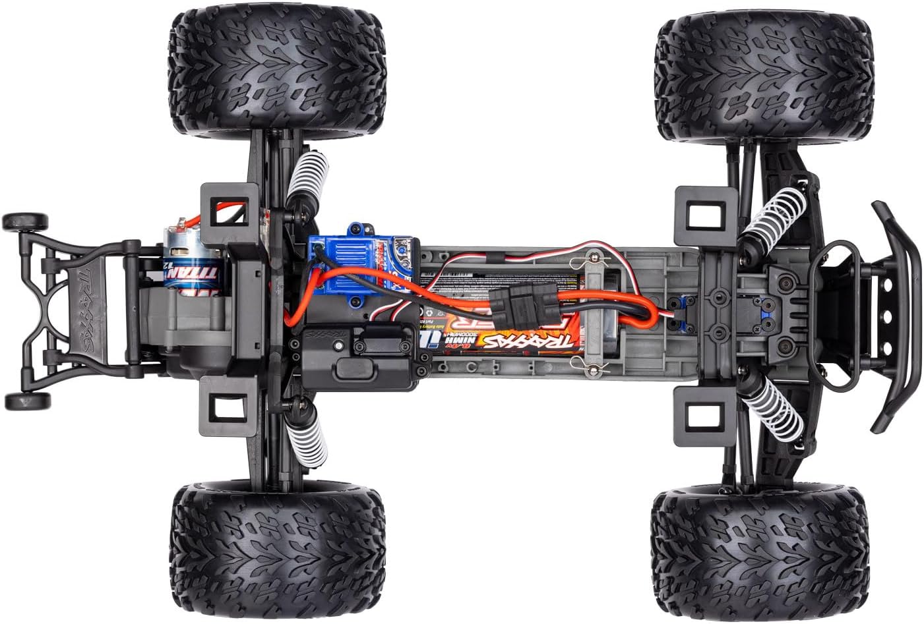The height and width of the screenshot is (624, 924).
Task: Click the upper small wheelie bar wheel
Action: click(25, 221)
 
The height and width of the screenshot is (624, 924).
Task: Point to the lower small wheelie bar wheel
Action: click(26, 400)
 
